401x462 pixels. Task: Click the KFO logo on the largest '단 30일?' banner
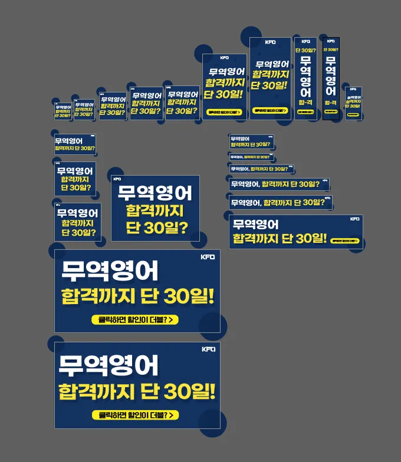pyautogui.click(x=117, y=179)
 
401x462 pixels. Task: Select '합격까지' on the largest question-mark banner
pyautogui.click(x=155, y=210)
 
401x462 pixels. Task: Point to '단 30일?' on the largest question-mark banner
pyautogui.click(x=157, y=227)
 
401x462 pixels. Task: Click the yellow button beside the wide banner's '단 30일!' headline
pyautogui.click(x=345, y=241)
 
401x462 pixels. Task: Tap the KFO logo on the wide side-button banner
pyautogui.click(x=354, y=219)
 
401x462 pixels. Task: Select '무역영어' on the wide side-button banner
pyautogui.click(x=256, y=224)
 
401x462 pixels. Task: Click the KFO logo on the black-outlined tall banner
pyautogui.click(x=331, y=41)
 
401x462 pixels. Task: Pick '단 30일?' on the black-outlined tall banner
pyautogui.click(x=331, y=49)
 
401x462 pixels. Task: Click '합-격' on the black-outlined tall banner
pyautogui.click(x=331, y=103)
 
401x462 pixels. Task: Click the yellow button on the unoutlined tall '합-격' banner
pyautogui.click(x=305, y=112)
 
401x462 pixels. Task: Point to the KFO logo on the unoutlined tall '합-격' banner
pyautogui.click(x=305, y=41)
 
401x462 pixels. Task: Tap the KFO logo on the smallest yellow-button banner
pyautogui.click(x=353, y=90)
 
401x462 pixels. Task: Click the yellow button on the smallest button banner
pyautogui.click(x=353, y=114)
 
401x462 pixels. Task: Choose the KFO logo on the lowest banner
pyautogui.click(x=208, y=349)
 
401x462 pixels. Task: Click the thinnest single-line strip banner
pyautogui.click(x=251, y=157)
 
